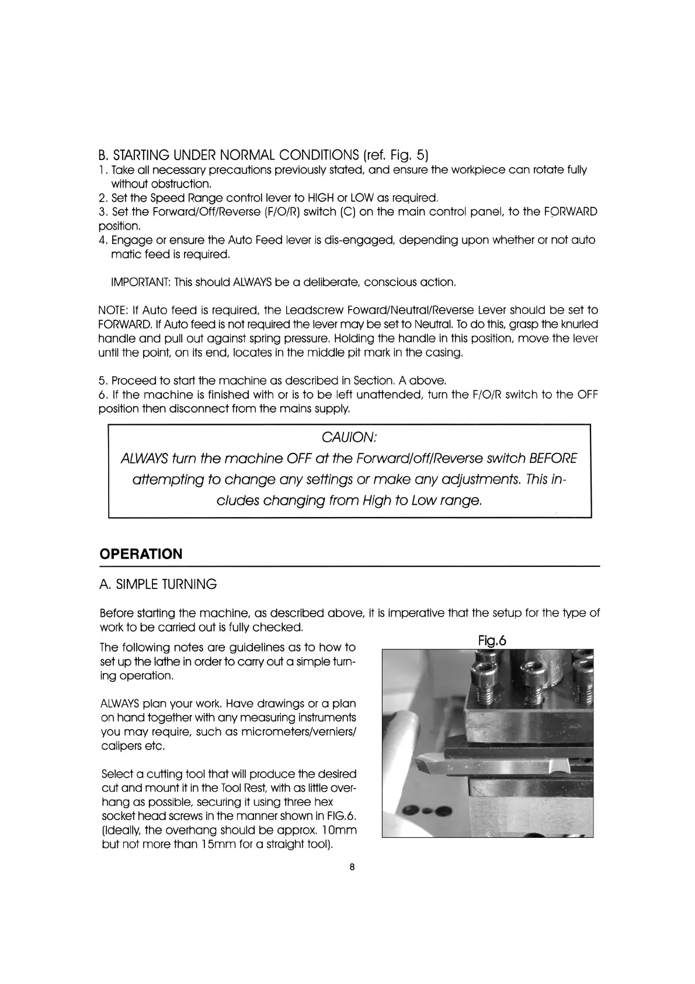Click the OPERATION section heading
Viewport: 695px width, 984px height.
coord(141,554)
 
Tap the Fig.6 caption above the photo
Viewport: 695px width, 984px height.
coord(492,641)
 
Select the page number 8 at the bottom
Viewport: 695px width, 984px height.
coord(352,867)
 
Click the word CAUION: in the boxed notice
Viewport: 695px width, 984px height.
coord(348,437)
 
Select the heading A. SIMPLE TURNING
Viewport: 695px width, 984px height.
coord(158,584)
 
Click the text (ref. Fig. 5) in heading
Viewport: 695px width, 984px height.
coord(395,155)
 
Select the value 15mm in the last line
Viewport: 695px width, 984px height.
coord(218,844)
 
